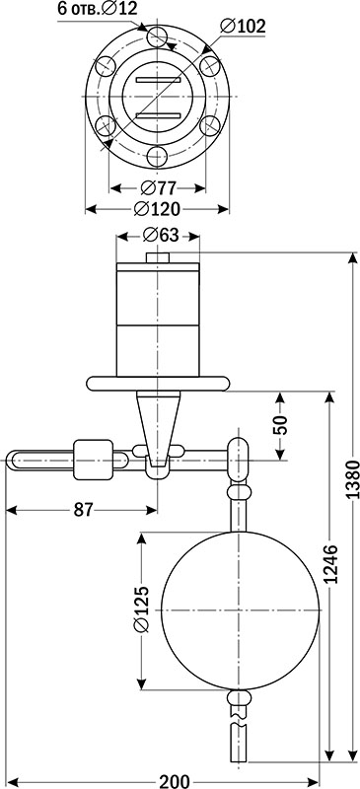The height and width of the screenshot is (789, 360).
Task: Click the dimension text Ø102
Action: pos(243,28)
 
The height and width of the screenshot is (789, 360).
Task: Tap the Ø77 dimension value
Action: pos(158,187)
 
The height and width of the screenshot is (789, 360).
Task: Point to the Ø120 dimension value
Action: pos(158,209)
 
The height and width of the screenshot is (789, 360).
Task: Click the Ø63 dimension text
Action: pos(160,236)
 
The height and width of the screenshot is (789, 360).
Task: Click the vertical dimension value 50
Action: pos(280,426)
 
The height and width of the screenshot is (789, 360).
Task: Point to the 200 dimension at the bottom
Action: pos(174,781)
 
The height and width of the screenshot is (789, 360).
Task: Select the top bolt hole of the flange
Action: pos(158,37)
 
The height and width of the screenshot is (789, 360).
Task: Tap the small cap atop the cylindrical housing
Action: pos(158,258)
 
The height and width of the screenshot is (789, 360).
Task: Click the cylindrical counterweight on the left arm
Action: pos(95,458)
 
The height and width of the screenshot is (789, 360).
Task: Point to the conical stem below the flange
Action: pos(158,419)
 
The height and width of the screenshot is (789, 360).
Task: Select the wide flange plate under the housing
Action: pos(158,381)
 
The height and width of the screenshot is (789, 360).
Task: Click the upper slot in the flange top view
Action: pos(158,78)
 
